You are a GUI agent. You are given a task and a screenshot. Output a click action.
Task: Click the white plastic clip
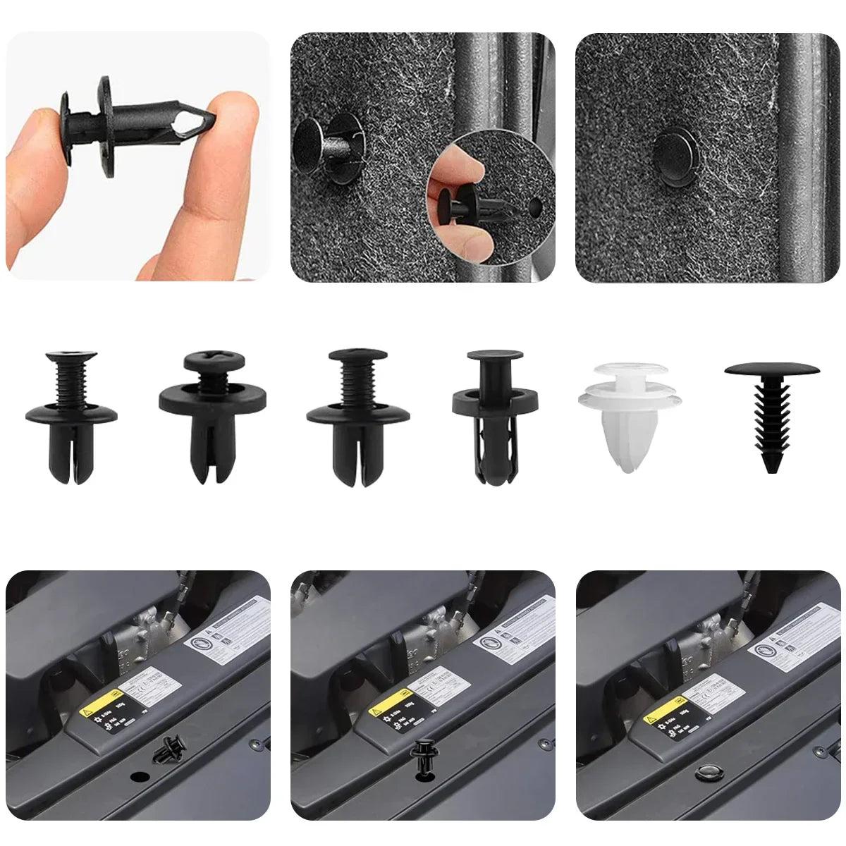pos(630,416)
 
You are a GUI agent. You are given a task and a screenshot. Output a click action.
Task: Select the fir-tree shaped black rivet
pos(772,416)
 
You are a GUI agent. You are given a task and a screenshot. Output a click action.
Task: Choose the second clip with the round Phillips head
pos(211,416)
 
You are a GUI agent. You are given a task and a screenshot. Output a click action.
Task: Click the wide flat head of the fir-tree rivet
pos(772,369)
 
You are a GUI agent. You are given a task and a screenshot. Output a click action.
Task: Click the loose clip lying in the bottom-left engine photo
pos(170,749)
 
